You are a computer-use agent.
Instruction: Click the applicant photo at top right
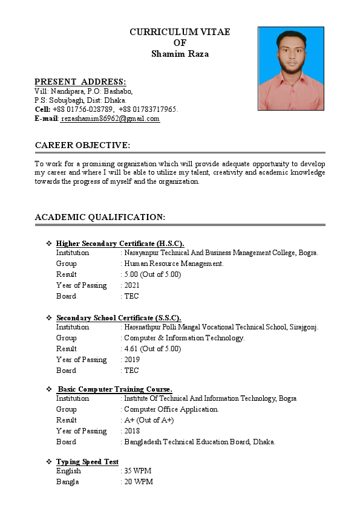coord(291,68)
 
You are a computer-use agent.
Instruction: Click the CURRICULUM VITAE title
coord(180,32)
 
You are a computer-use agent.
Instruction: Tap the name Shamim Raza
coord(180,54)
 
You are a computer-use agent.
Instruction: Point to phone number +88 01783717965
coord(148,109)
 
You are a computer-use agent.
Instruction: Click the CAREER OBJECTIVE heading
coord(82,145)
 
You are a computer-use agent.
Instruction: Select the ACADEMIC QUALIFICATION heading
coord(100,217)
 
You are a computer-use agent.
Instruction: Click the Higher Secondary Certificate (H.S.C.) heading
coord(120,244)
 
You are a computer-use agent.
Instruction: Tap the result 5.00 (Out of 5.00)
coord(152,274)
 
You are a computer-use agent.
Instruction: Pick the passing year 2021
coord(132,285)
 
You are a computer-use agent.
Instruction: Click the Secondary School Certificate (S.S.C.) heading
coord(119,318)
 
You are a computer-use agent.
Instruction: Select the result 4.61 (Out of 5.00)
coord(152,349)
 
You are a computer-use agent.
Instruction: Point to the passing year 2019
coord(132,360)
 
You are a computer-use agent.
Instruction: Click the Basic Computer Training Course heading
coord(115,389)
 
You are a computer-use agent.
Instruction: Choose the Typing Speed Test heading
coord(87,462)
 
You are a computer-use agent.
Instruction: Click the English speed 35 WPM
coord(139,471)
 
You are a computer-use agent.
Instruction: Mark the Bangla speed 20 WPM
coord(139,482)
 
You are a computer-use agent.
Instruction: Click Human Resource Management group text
coord(174,264)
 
